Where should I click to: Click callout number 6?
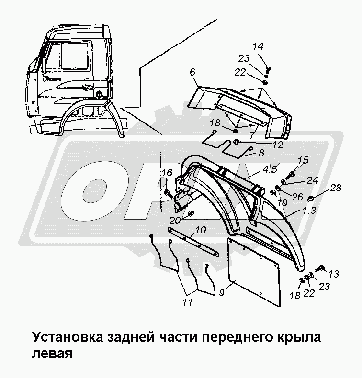point(192,72)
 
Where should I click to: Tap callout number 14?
point(258,46)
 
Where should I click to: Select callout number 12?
point(277,145)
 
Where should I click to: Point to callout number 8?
point(261,153)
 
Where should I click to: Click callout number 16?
point(167,173)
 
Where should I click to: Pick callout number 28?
point(336,188)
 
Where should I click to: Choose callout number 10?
point(201,230)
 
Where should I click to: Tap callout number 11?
point(187,302)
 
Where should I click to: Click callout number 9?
point(222,292)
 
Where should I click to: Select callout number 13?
point(334,274)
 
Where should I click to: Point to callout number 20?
point(175,220)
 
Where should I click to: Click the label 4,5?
point(270,169)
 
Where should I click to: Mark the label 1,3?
point(309,211)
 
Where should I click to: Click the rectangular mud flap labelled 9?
point(253,271)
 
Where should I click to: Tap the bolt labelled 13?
point(320,268)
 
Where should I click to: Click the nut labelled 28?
point(311,199)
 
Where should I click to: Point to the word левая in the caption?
point(52,354)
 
